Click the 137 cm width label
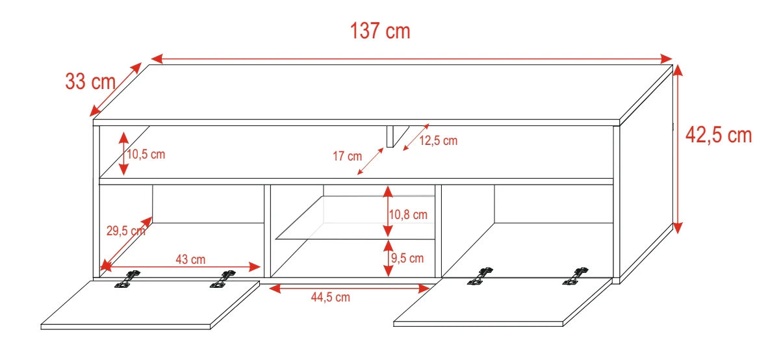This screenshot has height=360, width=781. (x=380, y=31)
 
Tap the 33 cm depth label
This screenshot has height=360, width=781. (x=90, y=82)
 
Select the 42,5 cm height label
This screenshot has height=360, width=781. (x=719, y=135)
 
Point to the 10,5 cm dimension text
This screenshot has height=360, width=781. (x=146, y=154)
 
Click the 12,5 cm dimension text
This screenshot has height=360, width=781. (x=439, y=140)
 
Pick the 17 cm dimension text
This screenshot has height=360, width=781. (x=347, y=156)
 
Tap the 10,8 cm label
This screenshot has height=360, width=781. (x=408, y=214)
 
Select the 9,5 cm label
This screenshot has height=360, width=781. (x=407, y=258)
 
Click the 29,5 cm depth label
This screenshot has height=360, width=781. (x=126, y=231)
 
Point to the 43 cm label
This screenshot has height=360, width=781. (x=190, y=259)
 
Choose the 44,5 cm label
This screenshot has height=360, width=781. (x=331, y=297)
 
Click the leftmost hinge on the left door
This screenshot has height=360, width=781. (x=127, y=279)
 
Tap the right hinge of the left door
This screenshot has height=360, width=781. (x=222, y=279)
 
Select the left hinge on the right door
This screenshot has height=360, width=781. (x=480, y=276)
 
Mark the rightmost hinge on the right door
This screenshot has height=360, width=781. (x=575, y=276)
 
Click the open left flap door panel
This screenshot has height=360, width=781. (x=150, y=305)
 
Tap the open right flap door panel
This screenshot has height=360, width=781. (x=503, y=302)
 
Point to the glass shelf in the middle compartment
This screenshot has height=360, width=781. (x=355, y=218)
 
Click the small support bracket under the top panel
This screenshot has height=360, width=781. (x=398, y=136)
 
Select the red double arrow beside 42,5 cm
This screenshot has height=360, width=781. (x=678, y=149)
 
